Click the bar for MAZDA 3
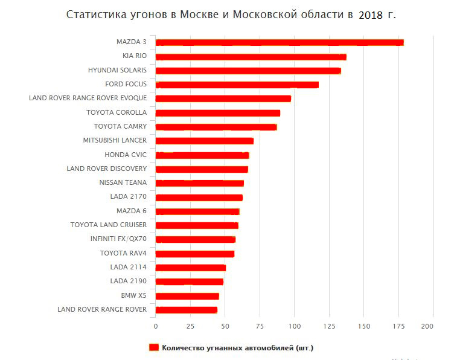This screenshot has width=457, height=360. pos(279,42)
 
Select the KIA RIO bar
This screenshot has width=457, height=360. pos(251,57)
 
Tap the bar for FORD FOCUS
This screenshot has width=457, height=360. pos(237,85)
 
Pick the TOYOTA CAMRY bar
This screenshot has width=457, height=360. pos(216,127)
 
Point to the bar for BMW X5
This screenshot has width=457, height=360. pos(187,296)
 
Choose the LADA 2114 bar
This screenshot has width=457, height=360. pos(190,268)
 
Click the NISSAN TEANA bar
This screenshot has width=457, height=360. pos(199,183)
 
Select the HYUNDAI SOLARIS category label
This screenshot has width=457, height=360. pos(117,70)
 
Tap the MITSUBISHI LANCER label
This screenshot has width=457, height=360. pos(115,141)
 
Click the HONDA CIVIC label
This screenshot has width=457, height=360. pos(126,155)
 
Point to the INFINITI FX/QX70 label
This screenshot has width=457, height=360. pos(118,239)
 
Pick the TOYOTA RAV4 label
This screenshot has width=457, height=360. pos(123,253)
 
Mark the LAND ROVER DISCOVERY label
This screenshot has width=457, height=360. pos(107,169)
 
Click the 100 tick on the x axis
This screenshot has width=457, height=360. pos(294,326)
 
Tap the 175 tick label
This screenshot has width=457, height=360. pos(398,326)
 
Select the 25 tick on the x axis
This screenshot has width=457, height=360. pos(190,326)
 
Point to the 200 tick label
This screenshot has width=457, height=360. pos(427,326)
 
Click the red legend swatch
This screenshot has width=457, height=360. pos(153,347)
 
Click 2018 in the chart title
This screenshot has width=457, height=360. pos(371,15)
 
